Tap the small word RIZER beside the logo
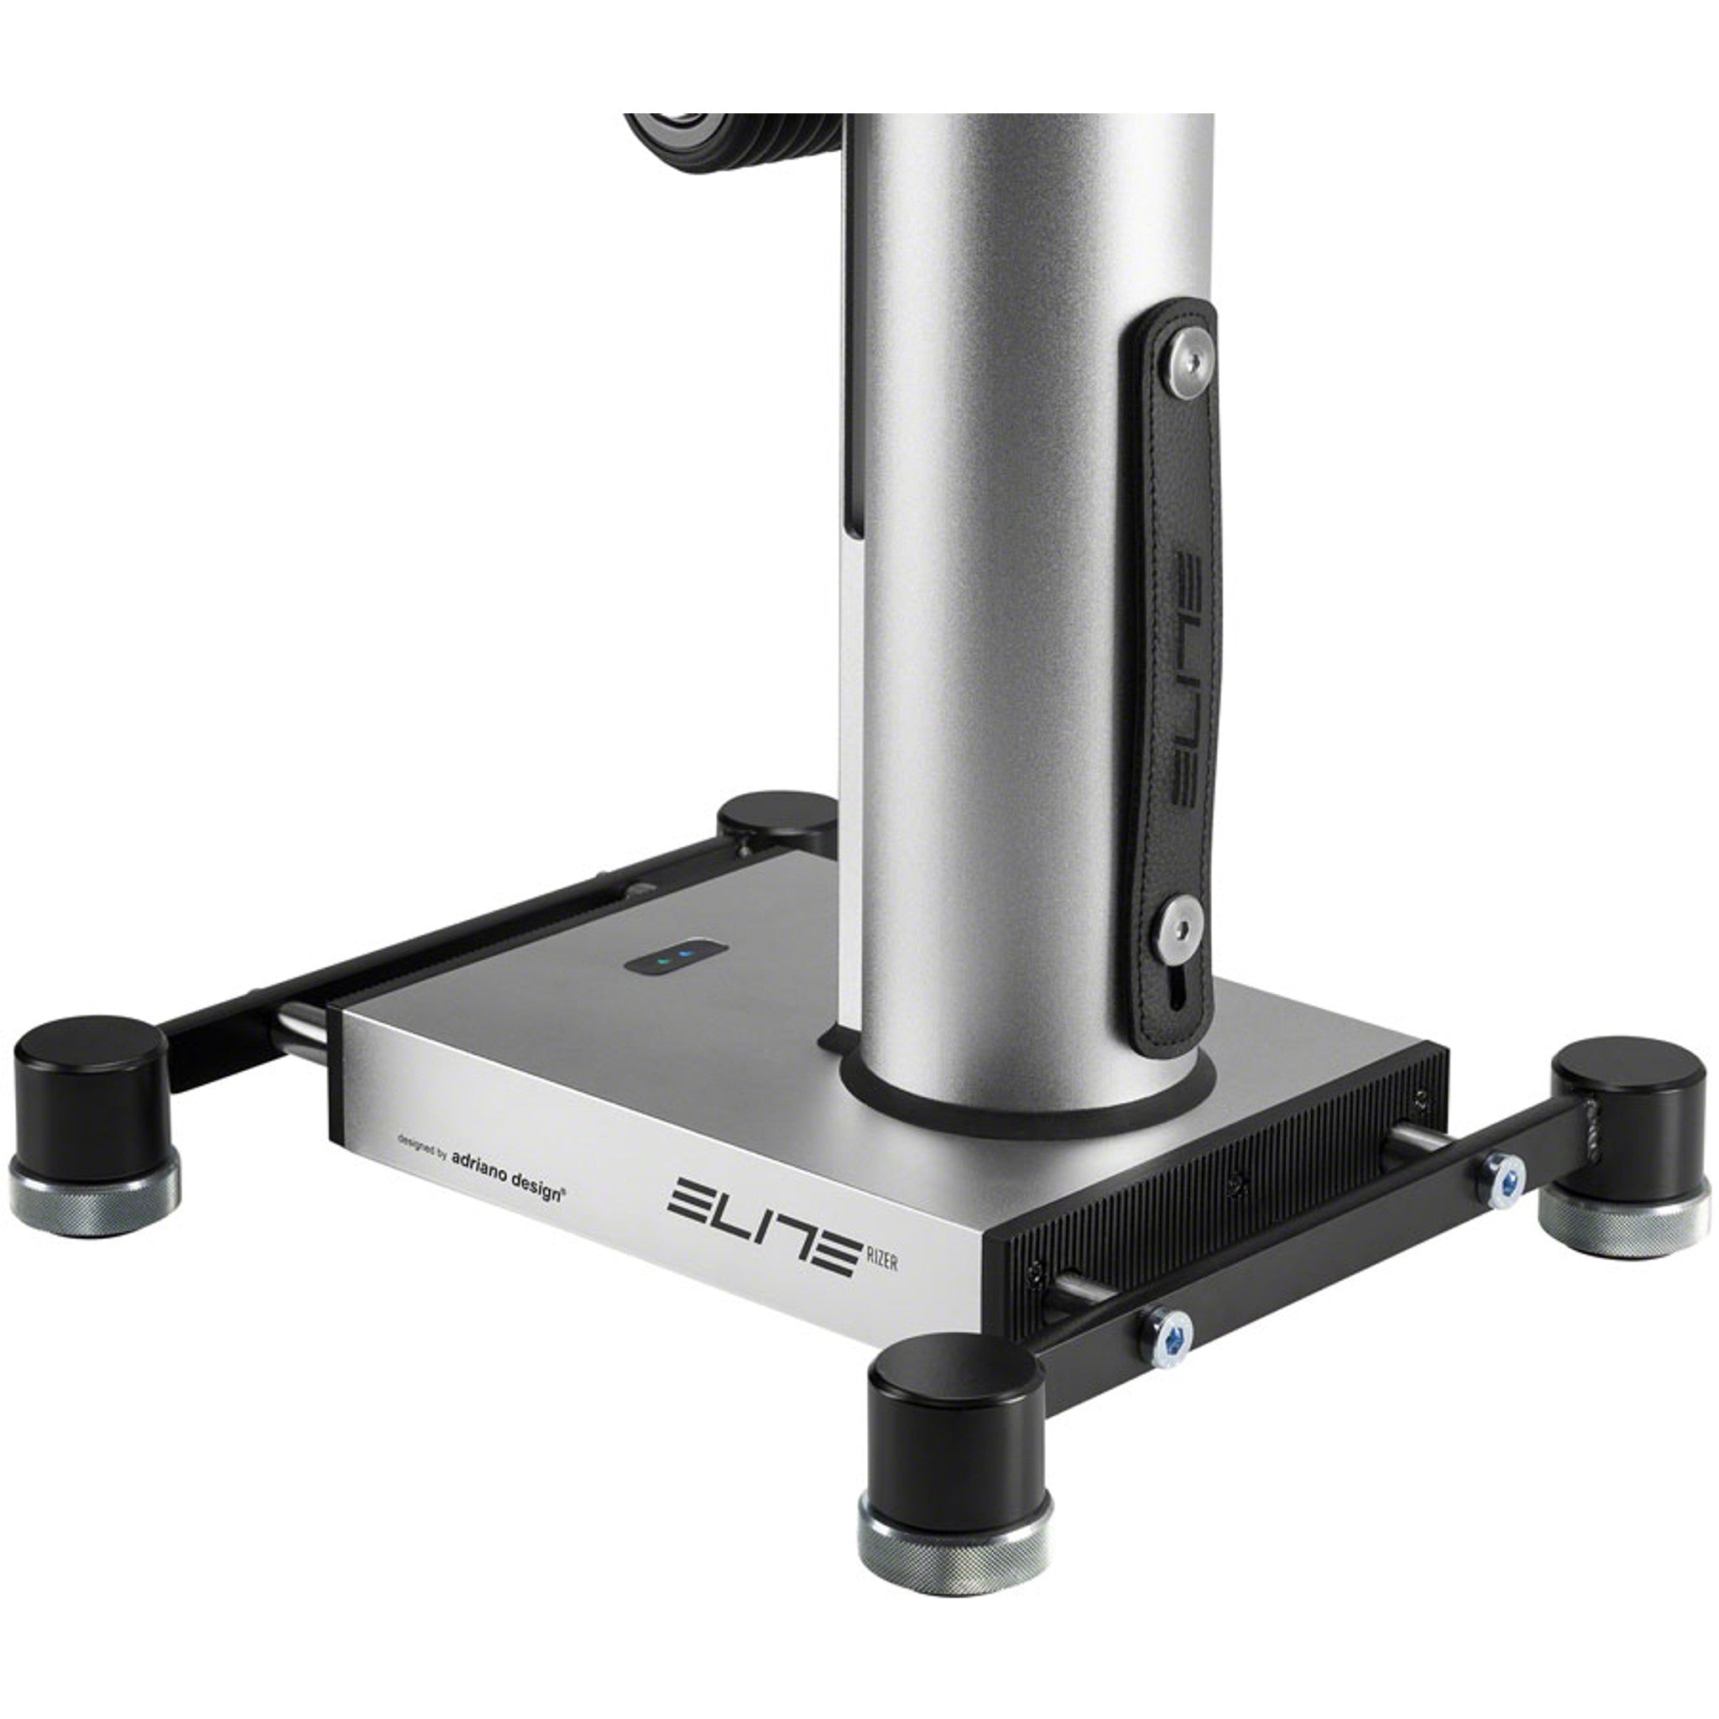(880, 1262)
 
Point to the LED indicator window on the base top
(676, 959)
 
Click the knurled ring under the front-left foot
(92, 1197)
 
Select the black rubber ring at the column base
(1023, 1108)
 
